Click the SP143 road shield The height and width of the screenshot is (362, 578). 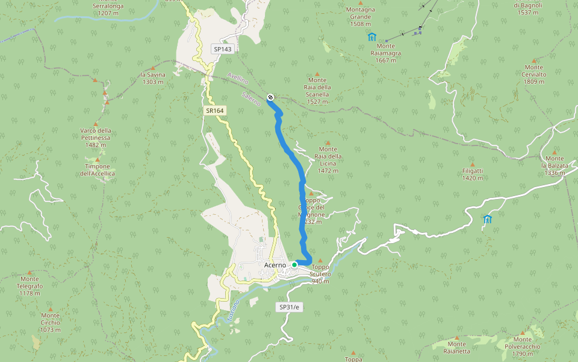pyautogui.click(x=222, y=49)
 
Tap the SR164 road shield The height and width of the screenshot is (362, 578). pyautogui.click(x=214, y=110)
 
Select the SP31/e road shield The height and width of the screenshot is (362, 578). pyautogui.click(x=289, y=307)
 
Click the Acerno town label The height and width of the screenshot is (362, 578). pyautogui.click(x=275, y=265)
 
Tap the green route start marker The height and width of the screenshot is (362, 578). pyautogui.click(x=294, y=265)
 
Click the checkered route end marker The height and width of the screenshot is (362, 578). pyautogui.click(x=270, y=96)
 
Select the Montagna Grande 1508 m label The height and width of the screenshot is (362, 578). pyautogui.click(x=361, y=17)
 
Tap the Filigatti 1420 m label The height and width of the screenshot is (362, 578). pyautogui.click(x=473, y=174)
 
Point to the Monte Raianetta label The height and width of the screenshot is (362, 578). pyautogui.click(x=456, y=346)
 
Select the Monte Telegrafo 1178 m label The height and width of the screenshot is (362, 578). pyautogui.click(x=30, y=286)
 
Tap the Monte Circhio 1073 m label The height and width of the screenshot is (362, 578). pyautogui.click(x=51, y=322)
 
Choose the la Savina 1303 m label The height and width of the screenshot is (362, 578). pyautogui.click(x=153, y=78)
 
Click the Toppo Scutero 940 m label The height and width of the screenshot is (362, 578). pyautogui.click(x=320, y=274)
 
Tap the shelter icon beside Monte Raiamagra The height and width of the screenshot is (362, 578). pyautogui.click(x=371, y=37)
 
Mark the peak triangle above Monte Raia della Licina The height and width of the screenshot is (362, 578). pyautogui.click(x=328, y=143)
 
